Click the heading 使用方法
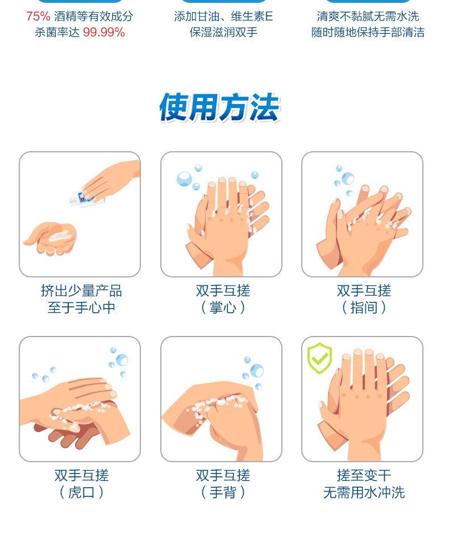[219, 107]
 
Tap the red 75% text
[38, 16]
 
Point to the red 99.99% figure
[104, 32]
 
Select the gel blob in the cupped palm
[59, 235]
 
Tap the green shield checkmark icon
[319, 358]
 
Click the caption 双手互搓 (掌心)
[223, 299]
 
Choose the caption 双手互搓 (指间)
[364, 299]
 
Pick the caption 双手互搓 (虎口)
[81, 484]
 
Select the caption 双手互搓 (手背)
[223, 484]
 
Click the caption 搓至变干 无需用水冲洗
[364, 484]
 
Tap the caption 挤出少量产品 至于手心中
[81, 299]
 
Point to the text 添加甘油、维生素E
[223, 16]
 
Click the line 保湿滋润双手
[223, 32]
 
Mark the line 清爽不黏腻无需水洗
[368, 16]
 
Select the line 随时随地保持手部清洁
[368, 32]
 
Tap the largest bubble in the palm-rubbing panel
[184, 179]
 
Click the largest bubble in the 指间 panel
[348, 178]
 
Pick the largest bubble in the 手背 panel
[256, 370]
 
